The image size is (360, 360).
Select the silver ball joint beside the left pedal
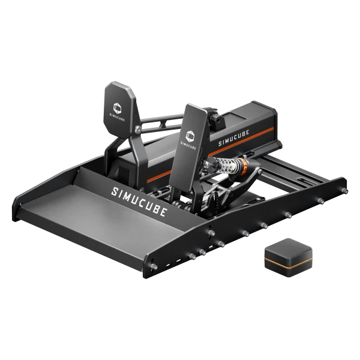pos(138,127)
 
